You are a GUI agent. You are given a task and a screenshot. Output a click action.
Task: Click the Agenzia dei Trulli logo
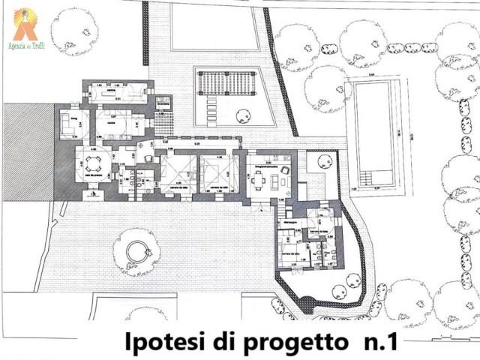click(25, 24)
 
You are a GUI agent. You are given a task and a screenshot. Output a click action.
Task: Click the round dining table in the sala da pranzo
click(93, 163)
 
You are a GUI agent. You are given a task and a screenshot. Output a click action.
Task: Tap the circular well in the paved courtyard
click(136, 251)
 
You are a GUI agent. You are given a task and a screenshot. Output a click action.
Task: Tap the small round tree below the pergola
click(243, 115)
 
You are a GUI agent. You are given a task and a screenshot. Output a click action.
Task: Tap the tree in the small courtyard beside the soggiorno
click(325, 161)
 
